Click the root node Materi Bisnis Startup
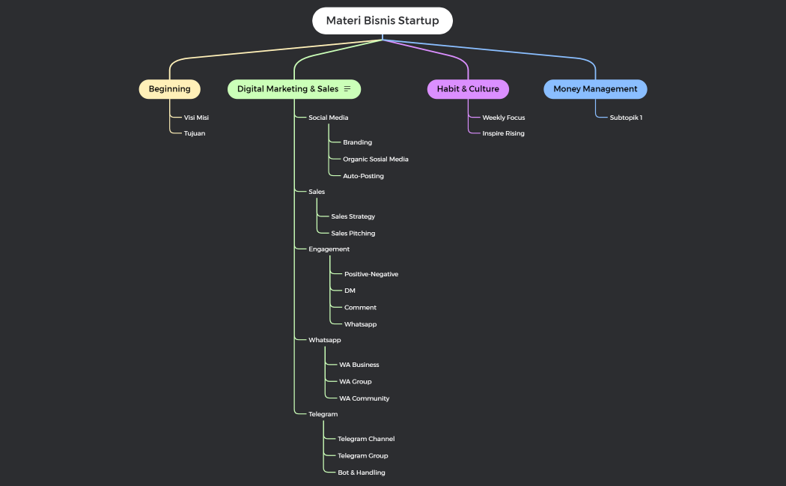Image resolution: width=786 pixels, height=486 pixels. (383, 21)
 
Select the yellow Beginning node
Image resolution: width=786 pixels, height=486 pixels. (170, 89)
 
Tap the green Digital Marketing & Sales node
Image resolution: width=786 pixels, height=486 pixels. (288, 89)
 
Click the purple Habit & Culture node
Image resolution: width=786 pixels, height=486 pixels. (468, 89)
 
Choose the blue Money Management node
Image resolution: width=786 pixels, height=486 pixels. (595, 89)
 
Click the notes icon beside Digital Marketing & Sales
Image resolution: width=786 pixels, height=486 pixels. (347, 89)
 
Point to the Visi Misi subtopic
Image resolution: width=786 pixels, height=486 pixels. (196, 118)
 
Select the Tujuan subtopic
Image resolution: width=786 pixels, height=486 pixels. (195, 133)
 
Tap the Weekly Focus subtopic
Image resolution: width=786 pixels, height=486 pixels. (503, 118)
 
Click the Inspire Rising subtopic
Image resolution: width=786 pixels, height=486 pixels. (503, 133)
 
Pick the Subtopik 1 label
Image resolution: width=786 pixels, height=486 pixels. (626, 118)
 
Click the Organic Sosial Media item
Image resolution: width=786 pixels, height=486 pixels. (376, 159)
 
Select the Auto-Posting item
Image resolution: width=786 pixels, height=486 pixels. (363, 176)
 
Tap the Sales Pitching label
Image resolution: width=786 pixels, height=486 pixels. (353, 233)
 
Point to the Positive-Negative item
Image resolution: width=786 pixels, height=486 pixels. (371, 274)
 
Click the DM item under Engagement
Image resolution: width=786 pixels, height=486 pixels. (350, 291)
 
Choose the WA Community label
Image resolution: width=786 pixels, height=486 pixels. (364, 398)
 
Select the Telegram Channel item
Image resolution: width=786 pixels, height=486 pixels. (366, 439)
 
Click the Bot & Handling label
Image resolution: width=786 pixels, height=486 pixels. (362, 473)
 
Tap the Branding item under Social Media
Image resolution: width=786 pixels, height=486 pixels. (357, 142)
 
